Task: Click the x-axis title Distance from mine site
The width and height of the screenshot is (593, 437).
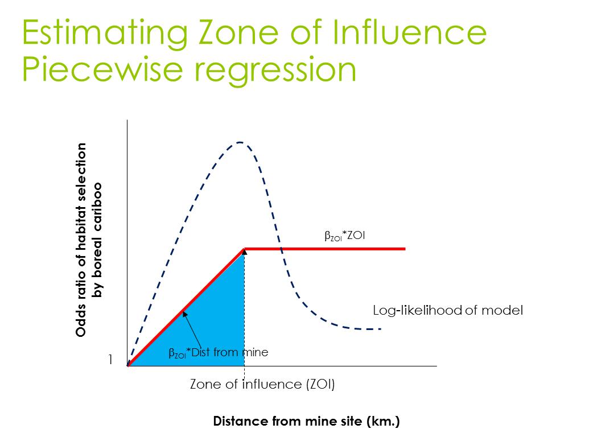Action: tap(306, 422)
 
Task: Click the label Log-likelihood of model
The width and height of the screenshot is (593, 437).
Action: tap(447, 311)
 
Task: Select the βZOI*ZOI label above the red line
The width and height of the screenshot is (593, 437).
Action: tap(344, 236)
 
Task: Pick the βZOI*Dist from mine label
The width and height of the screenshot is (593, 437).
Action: tap(218, 353)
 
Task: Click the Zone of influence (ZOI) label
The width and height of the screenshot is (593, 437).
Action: tap(262, 384)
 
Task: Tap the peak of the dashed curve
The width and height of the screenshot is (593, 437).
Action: tap(240, 142)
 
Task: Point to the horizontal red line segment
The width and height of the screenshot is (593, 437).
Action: tap(324, 249)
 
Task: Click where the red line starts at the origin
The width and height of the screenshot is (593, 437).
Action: tap(129, 365)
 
